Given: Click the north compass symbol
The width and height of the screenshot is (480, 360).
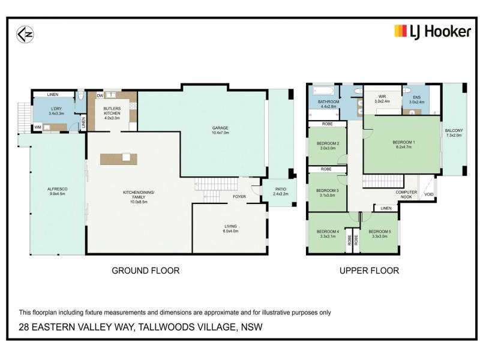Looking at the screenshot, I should (25, 34).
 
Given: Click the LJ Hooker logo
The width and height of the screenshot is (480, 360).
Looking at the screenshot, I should (432, 31).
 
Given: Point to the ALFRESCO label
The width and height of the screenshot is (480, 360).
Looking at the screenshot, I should (57, 190).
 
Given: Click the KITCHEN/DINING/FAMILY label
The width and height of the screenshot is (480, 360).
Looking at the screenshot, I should (139, 196).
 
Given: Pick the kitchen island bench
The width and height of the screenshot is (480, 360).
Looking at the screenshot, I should (118, 159).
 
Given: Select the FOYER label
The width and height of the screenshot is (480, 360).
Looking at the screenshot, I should (239, 196).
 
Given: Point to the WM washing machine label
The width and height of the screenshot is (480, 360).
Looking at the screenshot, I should (37, 127).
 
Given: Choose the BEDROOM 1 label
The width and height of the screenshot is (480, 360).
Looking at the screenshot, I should (403, 142).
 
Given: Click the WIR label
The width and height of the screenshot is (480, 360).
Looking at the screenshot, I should (382, 97).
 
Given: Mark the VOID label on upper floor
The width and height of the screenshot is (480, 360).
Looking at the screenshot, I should (428, 194).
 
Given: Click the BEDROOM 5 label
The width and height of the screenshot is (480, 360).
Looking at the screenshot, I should (379, 232).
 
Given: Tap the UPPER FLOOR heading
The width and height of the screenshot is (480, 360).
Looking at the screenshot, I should (369, 271).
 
